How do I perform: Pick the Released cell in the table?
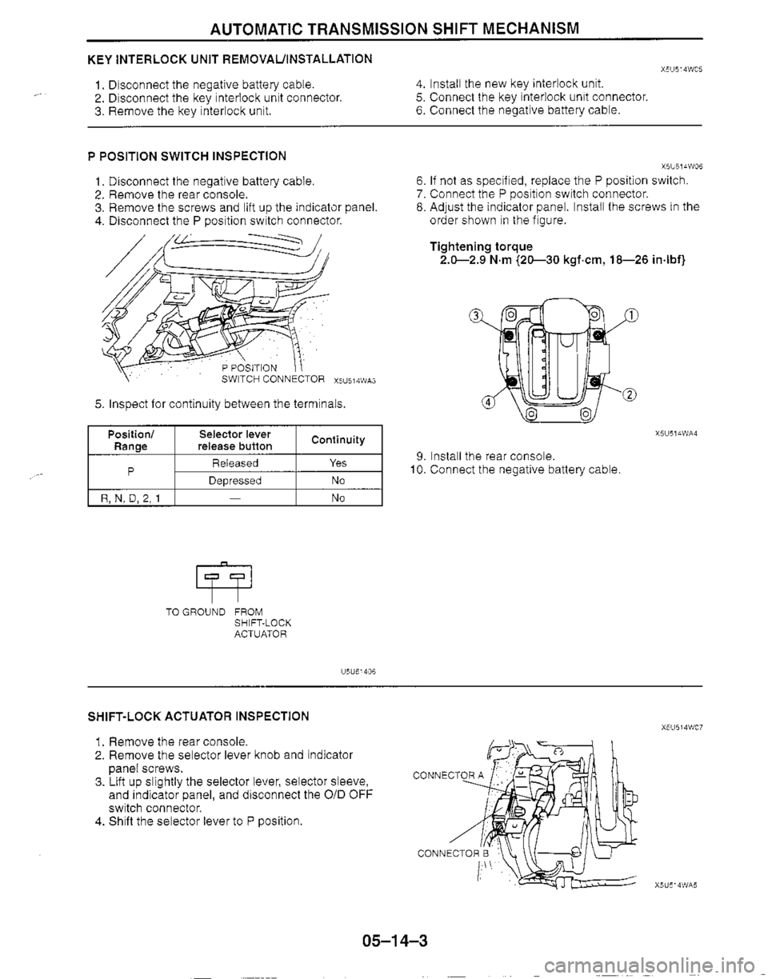click(x=234, y=463)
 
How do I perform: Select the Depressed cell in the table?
click(x=234, y=480)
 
